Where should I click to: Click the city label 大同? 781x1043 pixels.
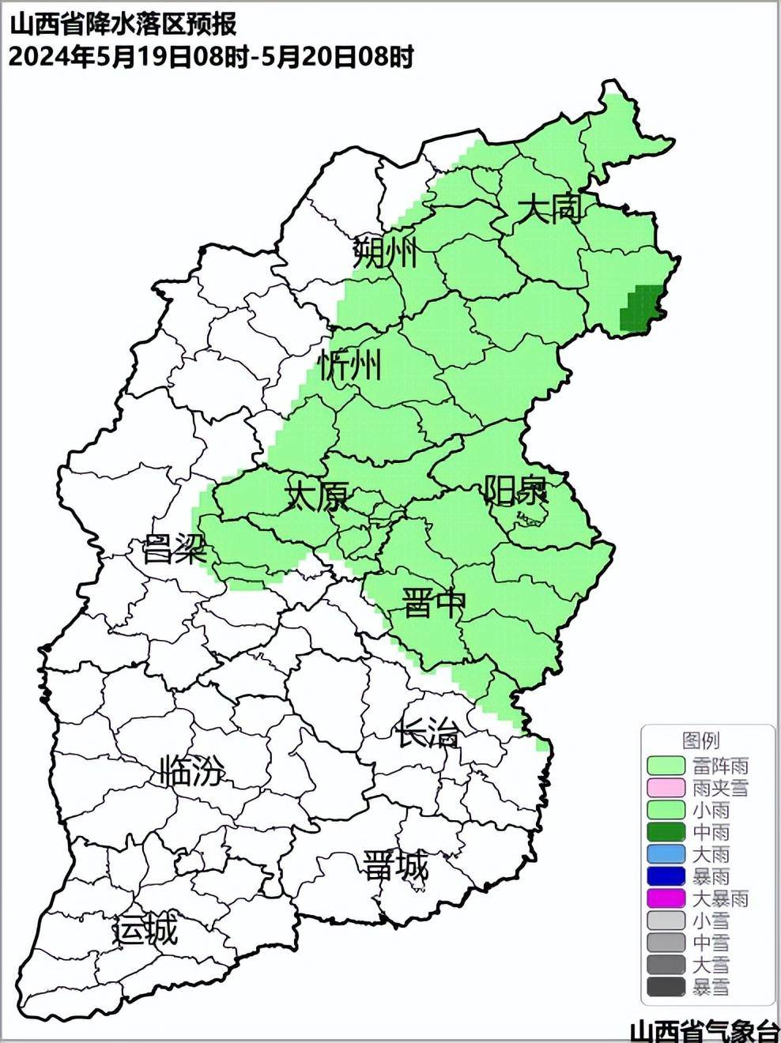[550, 209]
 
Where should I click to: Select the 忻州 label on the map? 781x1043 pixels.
[349, 365]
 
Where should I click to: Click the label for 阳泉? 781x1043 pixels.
[515, 491]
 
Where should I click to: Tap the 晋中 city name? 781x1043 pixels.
[434, 603]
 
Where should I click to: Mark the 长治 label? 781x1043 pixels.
[427, 734]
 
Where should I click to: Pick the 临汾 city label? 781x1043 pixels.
[192, 770]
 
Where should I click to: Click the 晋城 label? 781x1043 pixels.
[395, 867]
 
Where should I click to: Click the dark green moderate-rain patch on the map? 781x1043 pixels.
[640, 309]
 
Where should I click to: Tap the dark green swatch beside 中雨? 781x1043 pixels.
[666, 832]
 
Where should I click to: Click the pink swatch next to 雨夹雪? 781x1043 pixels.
[666, 788]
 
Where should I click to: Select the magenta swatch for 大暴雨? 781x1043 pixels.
[666, 898]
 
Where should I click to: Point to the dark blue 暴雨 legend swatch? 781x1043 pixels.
[666, 876]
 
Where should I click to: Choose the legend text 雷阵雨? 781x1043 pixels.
[720, 766]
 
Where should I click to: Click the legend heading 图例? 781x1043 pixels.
[700, 740]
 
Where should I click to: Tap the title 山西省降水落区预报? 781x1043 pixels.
[123, 25]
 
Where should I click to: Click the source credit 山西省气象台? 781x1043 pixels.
[704, 1031]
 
